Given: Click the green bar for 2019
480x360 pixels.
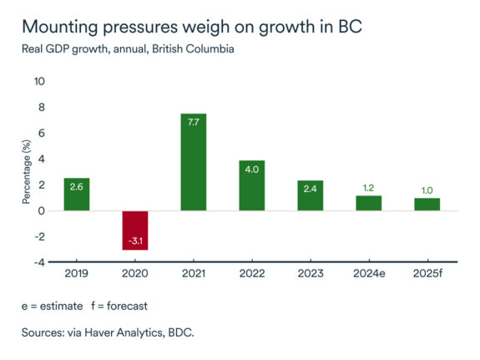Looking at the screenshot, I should pos(77,195).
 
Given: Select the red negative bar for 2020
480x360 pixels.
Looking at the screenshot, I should pos(135,230).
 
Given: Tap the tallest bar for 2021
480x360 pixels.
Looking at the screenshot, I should pos(193,162).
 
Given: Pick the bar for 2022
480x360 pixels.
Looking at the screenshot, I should pos(251,185).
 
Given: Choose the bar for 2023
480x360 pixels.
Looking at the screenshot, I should pos(310,196).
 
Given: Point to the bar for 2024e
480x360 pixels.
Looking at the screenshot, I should pos(368,203).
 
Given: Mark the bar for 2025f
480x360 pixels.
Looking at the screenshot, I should pos(427,205).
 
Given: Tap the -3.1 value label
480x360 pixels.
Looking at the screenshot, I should pos(135,241).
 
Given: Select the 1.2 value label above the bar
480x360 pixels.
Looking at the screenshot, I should pos(368,188).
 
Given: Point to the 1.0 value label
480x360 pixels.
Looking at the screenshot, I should pos(427,190).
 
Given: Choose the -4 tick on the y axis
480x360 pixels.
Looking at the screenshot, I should pos(39,262).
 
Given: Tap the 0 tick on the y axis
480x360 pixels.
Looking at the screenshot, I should pos(42,210).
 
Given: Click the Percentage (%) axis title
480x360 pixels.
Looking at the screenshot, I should pos(27,172).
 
